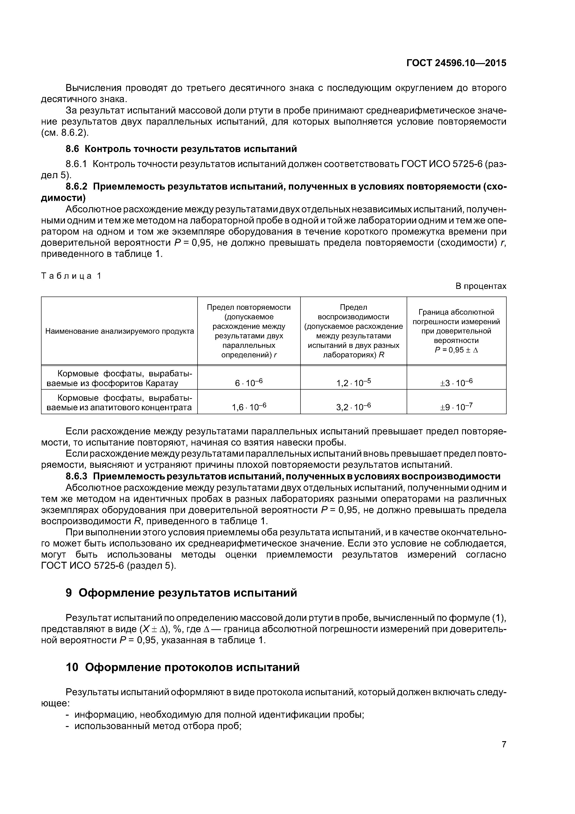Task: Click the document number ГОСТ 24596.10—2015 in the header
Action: tap(456, 63)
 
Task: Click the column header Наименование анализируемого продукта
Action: tap(120, 331)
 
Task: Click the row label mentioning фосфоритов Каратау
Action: tap(120, 378)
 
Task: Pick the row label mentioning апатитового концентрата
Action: tap(120, 402)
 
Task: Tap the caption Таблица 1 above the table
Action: tap(71, 276)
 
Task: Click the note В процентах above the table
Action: tap(481, 286)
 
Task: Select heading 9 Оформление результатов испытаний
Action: tap(181, 593)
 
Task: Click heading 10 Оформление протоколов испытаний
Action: tap(183, 667)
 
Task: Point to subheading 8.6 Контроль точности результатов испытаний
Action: tap(181, 149)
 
